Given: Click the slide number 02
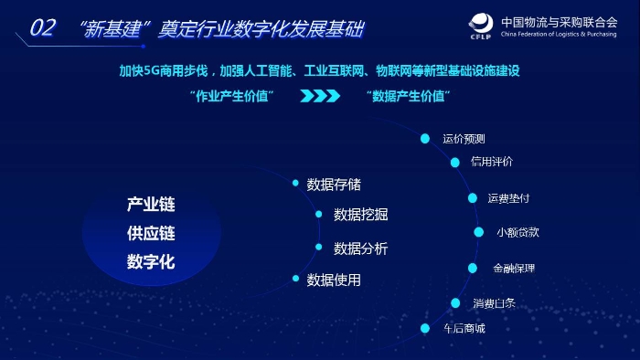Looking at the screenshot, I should tap(43, 28).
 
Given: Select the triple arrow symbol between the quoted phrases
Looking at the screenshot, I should tap(319, 95).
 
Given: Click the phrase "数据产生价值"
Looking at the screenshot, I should tap(409, 95).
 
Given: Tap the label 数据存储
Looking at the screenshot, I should tap(334, 185).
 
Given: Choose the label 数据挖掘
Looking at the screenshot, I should tap(360, 215).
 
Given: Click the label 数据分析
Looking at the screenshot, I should tap(360, 249).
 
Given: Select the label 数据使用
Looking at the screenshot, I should tap(334, 280).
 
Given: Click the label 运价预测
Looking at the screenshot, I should tap(464, 139).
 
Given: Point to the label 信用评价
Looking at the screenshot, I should tap(492, 162).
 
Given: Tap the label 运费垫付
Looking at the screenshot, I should tap(508, 197).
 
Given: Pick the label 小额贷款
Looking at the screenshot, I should tap(517, 232).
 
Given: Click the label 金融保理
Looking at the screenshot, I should tap(514, 269).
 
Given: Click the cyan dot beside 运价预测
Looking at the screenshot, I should tap(425, 139).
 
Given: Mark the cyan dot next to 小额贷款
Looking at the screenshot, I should tap(478, 232).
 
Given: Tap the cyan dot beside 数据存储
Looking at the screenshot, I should tap(295, 184).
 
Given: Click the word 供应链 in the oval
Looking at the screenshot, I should tap(151, 233).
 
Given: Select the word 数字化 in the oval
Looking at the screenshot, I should tap(151, 262).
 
